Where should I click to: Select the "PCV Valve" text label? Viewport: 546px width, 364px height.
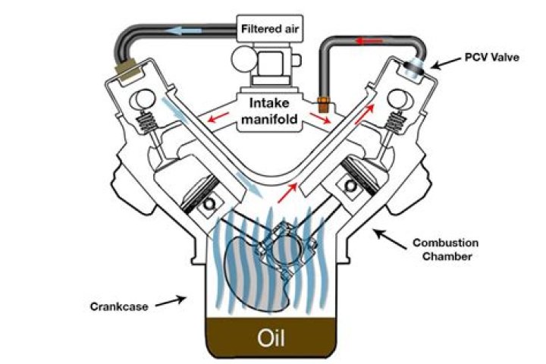(492, 58)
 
